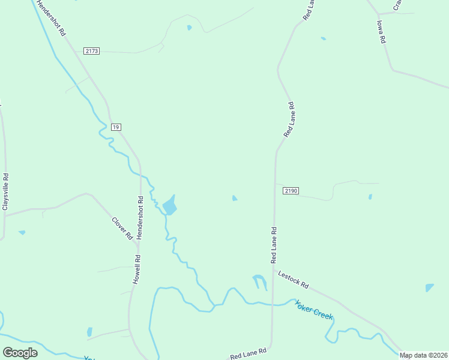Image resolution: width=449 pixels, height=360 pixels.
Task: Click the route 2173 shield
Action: (x=92, y=52)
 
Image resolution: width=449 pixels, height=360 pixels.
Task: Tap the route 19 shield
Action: (x=116, y=127)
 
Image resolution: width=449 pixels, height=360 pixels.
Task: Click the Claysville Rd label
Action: (x=6, y=191)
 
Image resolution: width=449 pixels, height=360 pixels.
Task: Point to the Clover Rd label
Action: (x=122, y=228)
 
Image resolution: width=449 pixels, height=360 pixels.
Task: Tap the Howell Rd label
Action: (x=137, y=269)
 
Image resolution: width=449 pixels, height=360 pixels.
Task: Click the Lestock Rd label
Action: (x=293, y=278)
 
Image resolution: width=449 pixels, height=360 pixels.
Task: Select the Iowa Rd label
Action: (x=380, y=32)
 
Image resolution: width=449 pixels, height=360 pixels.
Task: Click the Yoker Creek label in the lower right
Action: (x=314, y=309)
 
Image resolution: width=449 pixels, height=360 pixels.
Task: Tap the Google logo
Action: (x=20, y=353)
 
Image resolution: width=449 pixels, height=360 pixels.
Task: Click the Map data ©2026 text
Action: (x=423, y=355)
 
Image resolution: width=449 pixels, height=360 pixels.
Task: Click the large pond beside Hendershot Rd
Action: (x=170, y=205)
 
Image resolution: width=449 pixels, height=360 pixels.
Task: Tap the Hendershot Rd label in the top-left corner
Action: (x=50, y=18)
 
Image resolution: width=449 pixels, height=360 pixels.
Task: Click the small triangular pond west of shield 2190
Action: (x=234, y=198)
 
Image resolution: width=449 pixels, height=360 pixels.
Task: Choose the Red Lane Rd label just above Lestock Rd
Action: (x=274, y=245)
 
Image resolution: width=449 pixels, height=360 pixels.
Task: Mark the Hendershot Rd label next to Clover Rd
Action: (x=140, y=217)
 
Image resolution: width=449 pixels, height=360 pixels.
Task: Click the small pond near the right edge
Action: (x=429, y=288)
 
